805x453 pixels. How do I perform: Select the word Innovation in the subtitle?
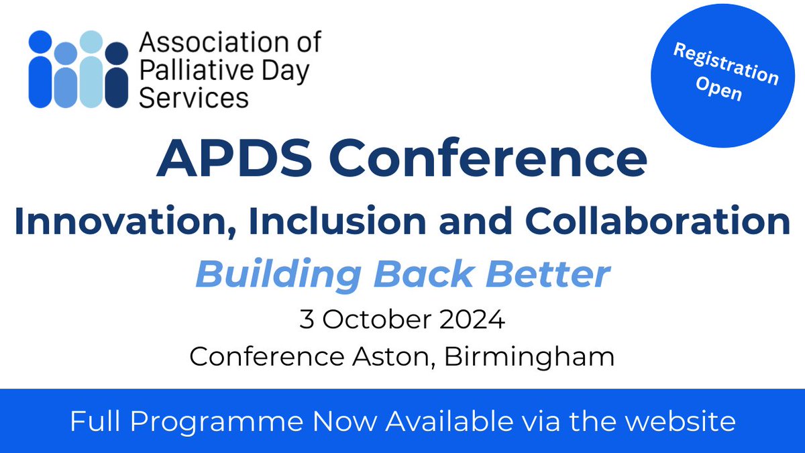click(120, 222)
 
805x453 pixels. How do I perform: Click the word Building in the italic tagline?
click(276, 275)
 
